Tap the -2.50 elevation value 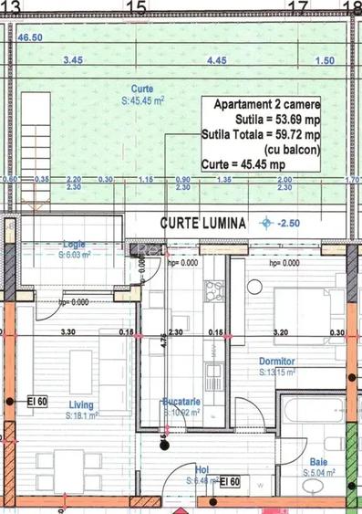pos(289,223)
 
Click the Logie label pos(74,244)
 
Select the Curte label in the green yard pos(141,88)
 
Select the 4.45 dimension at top pos(217,59)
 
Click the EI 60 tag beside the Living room pos(36,401)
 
